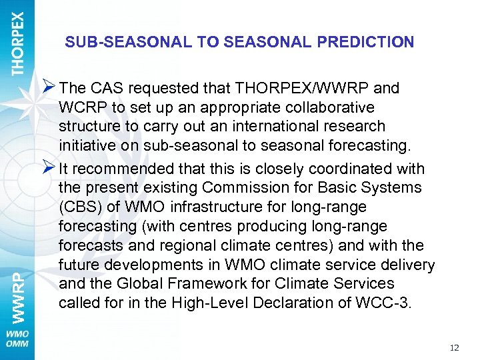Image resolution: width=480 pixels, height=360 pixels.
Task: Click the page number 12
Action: coord(455,347)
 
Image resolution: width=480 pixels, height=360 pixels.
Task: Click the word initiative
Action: coord(83,146)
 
